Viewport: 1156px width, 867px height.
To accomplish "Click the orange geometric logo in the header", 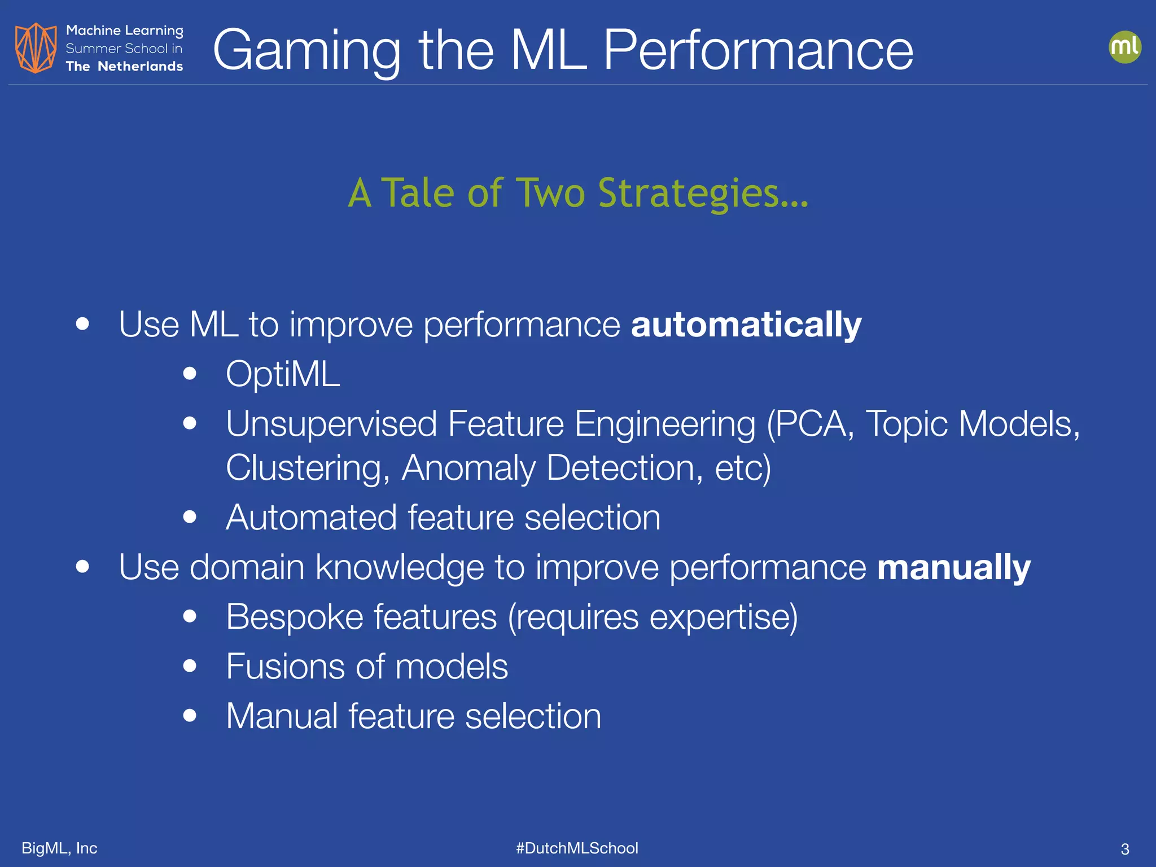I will [x=36, y=48].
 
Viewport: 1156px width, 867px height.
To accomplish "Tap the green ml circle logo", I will [x=1124, y=47].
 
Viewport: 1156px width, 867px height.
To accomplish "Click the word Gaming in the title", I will [x=306, y=51].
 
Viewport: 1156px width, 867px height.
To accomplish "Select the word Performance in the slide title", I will [x=758, y=51].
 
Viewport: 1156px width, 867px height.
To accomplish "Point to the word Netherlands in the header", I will [x=140, y=67].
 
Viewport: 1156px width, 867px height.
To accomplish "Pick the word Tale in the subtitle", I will [x=418, y=193].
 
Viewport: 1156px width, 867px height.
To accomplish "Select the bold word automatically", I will [x=746, y=325].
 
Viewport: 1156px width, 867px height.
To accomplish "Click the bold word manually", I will [x=954, y=567].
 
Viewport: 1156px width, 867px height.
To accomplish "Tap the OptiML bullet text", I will [x=283, y=374].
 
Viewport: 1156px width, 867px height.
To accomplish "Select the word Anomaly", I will [x=468, y=468].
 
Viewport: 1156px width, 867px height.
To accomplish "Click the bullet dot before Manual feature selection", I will [x=190, y=716].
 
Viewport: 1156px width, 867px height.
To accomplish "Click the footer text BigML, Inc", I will [x=59, y=848].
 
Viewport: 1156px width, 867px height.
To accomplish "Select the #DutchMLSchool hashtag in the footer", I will [x=577, y=848].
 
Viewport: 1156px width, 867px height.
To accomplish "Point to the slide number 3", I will [x=1124, y=849].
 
